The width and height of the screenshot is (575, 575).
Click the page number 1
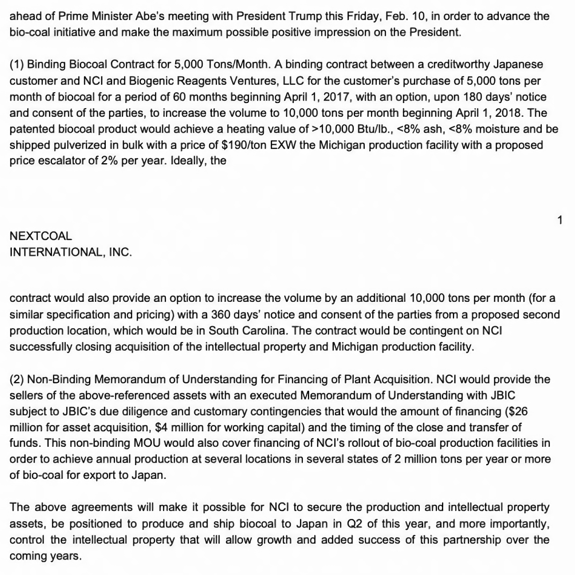pyautogui.click(x=560, y=220)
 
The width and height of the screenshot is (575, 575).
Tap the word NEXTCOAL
pyautogui.click(x=41, y=236)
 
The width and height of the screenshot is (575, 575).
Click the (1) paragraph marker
pyautogui.click(x=17, y=65)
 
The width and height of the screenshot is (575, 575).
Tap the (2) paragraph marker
pyautogui.click(x=17, y=379)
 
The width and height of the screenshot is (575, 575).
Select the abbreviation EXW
pyautogui.click(x=283, y=145)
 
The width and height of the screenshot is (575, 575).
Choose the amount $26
pyautogui.click(x=518, y=411)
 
